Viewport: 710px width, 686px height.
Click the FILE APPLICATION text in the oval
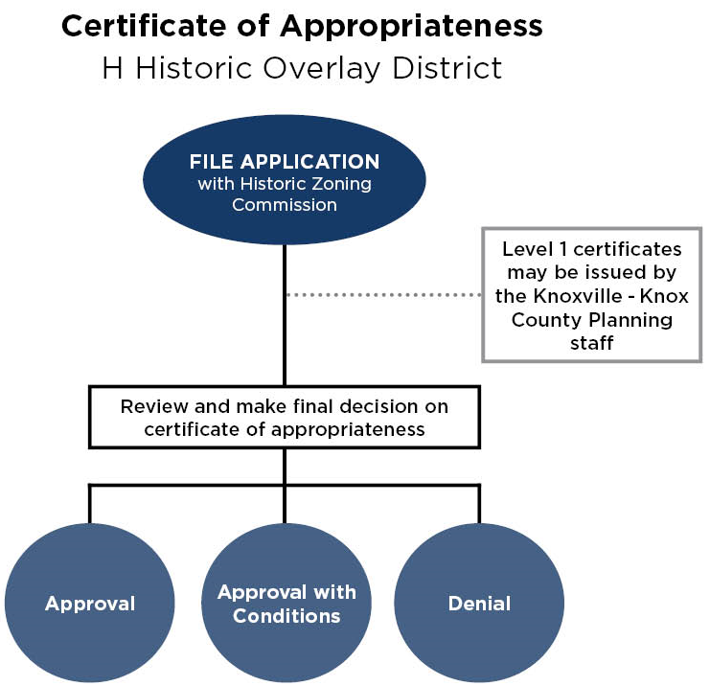point(285,162)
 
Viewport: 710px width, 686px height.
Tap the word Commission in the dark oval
point(285,204)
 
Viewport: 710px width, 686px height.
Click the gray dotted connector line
point(383,295)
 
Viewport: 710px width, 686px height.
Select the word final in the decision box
point(315,406)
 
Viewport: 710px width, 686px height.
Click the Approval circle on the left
point(90,604)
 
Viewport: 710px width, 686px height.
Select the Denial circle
point(479,604)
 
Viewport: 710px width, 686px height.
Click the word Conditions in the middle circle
point(286,616)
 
